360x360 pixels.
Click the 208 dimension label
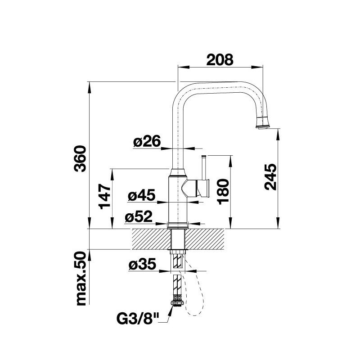(x=220, y=60)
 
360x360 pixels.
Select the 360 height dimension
(x=80, y=158)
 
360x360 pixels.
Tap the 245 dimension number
(x=270, y=177)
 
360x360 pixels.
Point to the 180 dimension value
(x=223, y=192)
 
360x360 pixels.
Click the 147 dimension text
(x=105, y=196)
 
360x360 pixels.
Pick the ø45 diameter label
(x=142, y=195)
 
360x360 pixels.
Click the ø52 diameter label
(x=139, y=216)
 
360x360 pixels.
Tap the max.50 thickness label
(x=81, y=279)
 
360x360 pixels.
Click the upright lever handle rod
(x=204, y=167)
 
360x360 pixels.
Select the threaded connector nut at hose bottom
(x=177, y=302)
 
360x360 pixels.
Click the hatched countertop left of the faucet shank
(x=151, y=239)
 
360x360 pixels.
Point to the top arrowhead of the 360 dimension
(x=90, y=87)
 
